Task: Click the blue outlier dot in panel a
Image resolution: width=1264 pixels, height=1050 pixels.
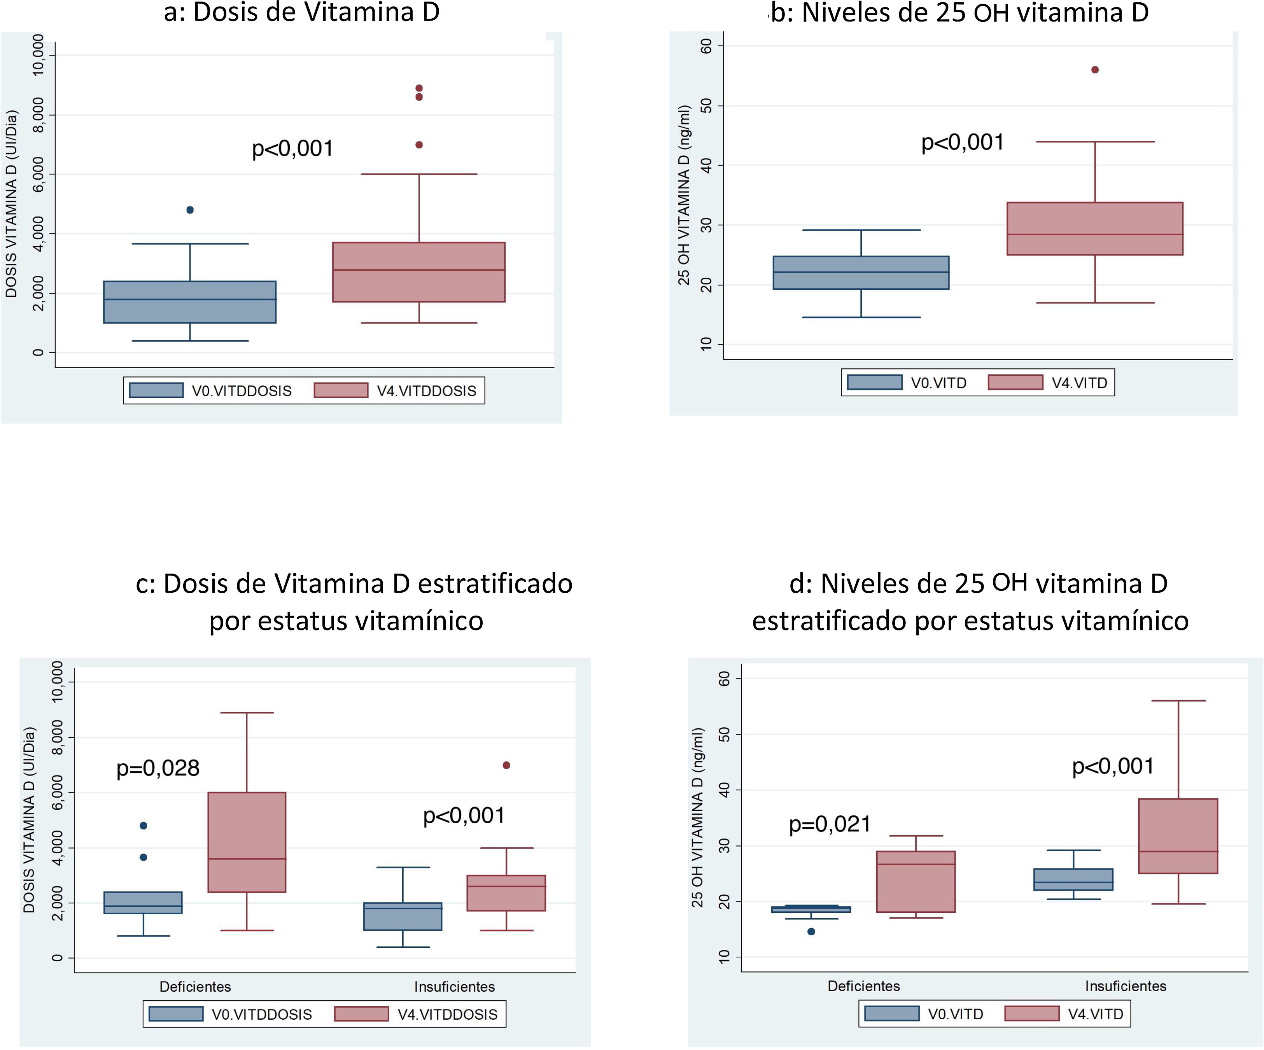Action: [190, 210]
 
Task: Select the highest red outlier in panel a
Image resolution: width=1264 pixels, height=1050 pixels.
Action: [419, 88]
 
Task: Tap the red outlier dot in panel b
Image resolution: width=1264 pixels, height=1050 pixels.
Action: [1095, 70]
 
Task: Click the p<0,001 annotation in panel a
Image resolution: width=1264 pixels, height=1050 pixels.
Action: [292, 149]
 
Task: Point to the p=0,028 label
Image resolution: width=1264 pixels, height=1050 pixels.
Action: [158, 768]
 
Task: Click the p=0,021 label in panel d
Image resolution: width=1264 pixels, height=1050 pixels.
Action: [830, 824]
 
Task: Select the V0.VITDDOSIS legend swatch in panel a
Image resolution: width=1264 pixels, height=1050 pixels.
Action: [156, 390]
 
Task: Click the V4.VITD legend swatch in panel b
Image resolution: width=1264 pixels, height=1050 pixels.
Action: [1015, 383]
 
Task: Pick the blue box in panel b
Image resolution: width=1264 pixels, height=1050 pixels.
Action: [861, 273]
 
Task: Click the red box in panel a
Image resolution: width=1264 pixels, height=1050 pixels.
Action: [419, 272]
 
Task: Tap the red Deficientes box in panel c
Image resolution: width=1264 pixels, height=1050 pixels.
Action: [247, 842]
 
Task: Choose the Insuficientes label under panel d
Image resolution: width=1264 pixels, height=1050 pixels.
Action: [1126, 986]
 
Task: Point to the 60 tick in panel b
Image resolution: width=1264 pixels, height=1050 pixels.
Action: [707, 46]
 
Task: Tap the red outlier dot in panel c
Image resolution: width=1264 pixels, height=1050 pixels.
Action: [506, 765]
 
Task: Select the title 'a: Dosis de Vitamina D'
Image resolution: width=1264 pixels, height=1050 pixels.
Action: [301, 12]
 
